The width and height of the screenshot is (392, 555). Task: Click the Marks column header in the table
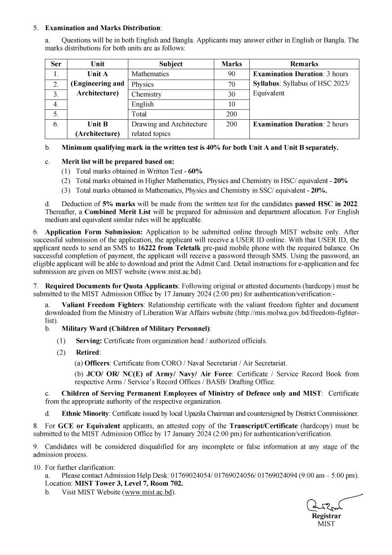[x=232, y=64]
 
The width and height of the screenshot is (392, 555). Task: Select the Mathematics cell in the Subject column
[x=150, y=74]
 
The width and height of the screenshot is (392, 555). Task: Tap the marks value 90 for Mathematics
[x=232, y=74]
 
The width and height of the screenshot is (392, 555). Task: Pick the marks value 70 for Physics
[x=232, y=84]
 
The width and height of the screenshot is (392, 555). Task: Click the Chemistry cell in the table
[x=147, y=94]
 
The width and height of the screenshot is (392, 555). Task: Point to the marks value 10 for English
[x=232, y=104]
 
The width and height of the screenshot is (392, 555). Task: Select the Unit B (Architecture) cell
[x=97, y=129]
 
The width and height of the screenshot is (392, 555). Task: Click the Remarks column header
[x=304, y=64]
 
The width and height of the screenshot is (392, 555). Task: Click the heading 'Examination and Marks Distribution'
[x=103, y=28]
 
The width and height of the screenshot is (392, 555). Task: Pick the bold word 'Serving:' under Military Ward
[x=89, y=341]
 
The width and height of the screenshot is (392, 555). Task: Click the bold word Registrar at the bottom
[x=326, y=516]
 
